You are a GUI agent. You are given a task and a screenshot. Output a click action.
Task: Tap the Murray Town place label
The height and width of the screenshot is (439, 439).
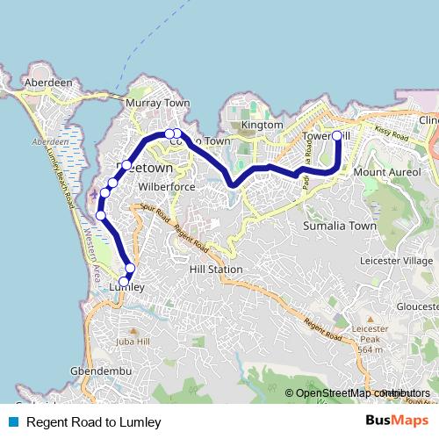158,103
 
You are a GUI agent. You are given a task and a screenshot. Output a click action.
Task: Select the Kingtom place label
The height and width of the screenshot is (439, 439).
263,126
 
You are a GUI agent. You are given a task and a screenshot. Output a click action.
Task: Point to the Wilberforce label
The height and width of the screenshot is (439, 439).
159,187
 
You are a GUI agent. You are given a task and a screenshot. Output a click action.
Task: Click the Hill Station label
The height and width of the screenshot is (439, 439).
215,270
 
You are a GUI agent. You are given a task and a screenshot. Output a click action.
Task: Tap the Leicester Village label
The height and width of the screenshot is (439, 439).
396,261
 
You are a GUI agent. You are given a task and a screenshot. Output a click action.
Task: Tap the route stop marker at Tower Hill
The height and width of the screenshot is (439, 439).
337,135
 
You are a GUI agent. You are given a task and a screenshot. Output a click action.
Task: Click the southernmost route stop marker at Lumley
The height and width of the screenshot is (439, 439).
125,280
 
